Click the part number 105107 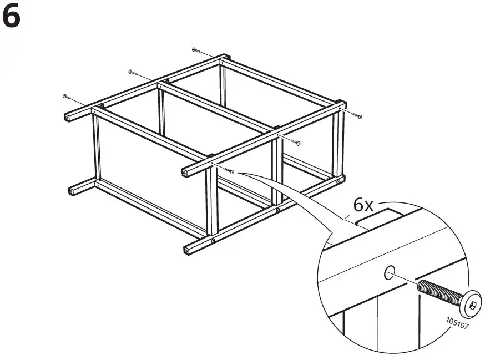457,322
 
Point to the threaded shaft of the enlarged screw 438,292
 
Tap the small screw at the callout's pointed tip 231,172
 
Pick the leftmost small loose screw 67,97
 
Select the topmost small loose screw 194,49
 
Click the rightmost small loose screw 359,116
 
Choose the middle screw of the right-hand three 297,143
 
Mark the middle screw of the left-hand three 132,72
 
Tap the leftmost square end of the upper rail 69,118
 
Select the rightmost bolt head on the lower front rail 339,181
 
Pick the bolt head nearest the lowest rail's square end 214,241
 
